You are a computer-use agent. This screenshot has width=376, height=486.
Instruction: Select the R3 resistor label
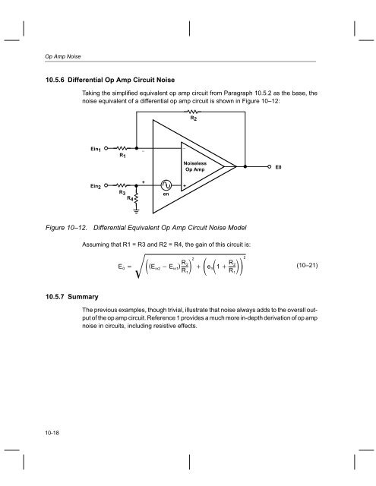point(122,192)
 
